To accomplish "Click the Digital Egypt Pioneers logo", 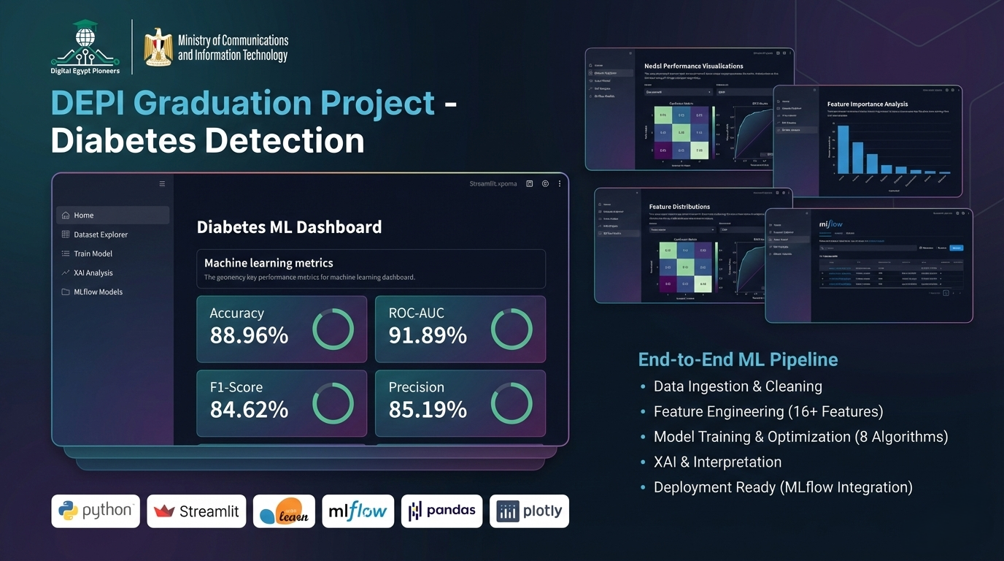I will [x=85, y=47].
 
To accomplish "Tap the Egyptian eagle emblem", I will [x=158, y=47].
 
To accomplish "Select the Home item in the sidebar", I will [x=84, y=215].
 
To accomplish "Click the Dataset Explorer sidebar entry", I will [x=101, y=234].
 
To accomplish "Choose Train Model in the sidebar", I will [x=93, y=253].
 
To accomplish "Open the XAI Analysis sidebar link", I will [x=93, y=272].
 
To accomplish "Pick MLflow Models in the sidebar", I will [x=98, y=291].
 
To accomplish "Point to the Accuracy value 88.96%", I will [x=249, y=335].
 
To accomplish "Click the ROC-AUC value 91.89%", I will [x=428, y=335].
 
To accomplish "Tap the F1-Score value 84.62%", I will [x=249, y=410].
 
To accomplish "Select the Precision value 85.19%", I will [x=428, y=410].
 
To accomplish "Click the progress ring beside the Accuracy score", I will [x=333, y=329].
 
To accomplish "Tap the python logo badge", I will [x=96, y=511].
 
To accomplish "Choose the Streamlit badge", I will [x=196, y=511].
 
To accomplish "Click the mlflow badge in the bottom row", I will [x=358, y=511].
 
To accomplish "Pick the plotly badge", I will [x=529, y=511].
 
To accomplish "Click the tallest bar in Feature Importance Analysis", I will [x=843, y=149].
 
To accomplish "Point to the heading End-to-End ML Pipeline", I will [x=738, y=359].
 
